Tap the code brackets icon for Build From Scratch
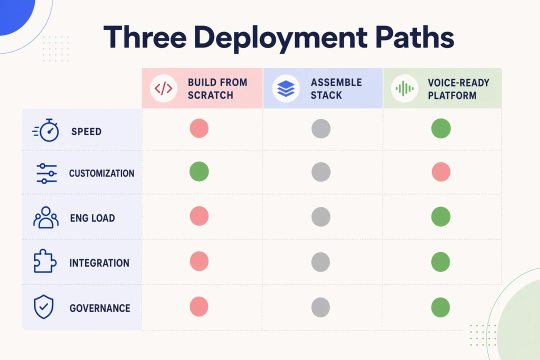point(163,88)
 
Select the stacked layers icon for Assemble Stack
point(286,88)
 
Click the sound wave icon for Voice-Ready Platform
point(404,88)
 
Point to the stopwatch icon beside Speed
point(46,130)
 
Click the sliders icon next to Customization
point(46,173)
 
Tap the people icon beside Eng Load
point(46,217)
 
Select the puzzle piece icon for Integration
point(45,261)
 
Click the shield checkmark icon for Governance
point(43,306)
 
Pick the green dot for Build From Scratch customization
point(199,171)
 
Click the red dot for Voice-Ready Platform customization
point(441,172)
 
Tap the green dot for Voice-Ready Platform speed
point(441,128)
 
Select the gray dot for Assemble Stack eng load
point(321,217)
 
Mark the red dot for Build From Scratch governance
point(199,306)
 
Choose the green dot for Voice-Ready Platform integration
point(440,262)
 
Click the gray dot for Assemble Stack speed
point(321,128)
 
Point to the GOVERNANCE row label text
point(100,308)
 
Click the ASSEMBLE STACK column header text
point(336,88)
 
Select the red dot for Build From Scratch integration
point(199,261)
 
